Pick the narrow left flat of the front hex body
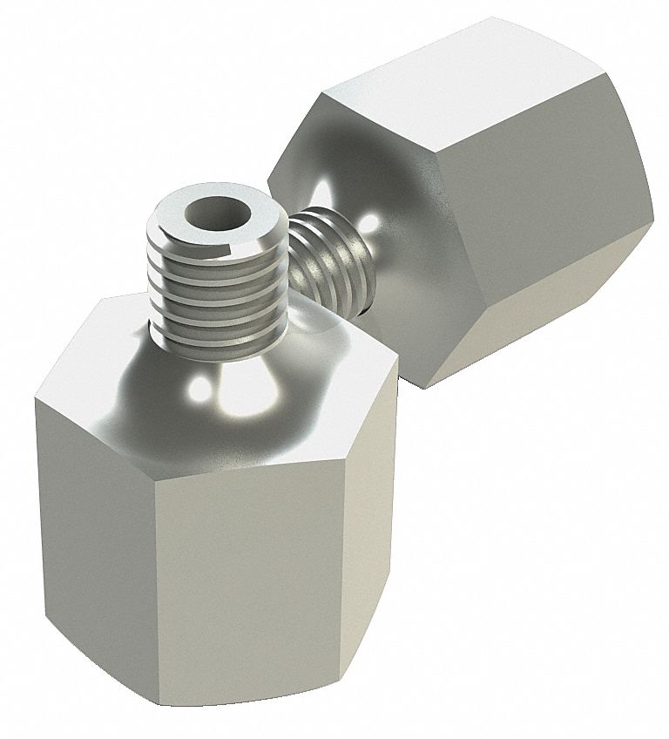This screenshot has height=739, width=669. (x=61, y=532)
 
